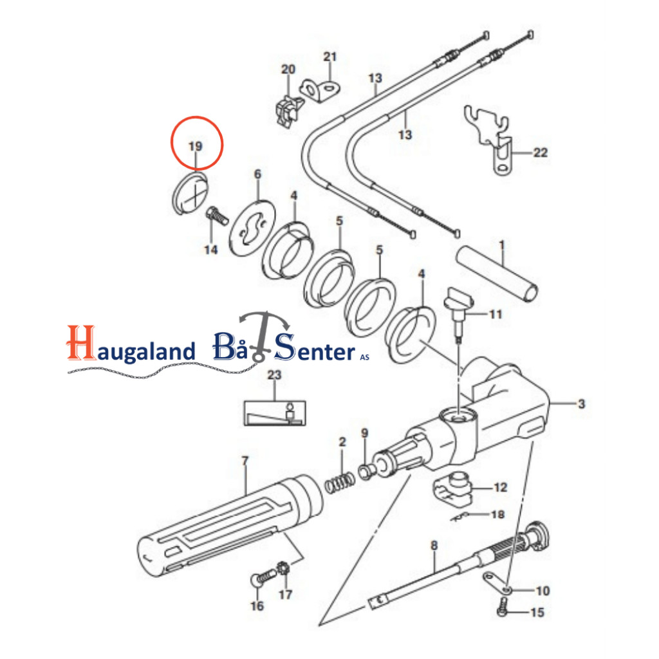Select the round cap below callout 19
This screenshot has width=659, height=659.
pos(190,194)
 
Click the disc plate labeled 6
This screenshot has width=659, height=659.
pos(252,228)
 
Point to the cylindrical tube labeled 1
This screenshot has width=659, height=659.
pos(497,273)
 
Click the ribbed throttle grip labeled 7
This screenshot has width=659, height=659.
pos(230,526)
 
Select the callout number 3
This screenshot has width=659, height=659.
pos(581,404)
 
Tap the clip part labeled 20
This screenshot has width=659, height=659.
pos(289,110)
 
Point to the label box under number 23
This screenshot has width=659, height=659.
pos(275,413)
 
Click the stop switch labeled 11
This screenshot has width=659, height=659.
pos(458,313)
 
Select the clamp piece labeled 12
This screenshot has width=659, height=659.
pos(452,488)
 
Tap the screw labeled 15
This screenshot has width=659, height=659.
pos(502,608)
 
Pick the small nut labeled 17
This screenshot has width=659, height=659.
pos(284,568)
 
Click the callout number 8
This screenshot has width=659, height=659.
pos(434,546)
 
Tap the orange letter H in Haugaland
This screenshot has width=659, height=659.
pos(81,343)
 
